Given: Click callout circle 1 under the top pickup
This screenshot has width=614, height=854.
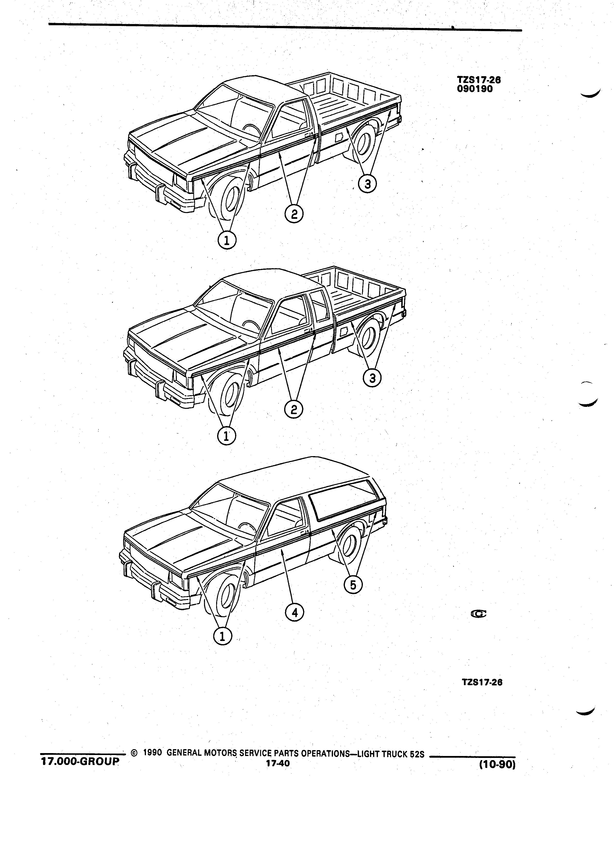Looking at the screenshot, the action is tap(227, 240).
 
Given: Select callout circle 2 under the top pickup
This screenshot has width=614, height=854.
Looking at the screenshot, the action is tap(294, 214).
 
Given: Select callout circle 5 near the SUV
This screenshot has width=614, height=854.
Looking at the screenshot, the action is tap(353, 585).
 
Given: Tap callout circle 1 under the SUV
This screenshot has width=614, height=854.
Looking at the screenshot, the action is tap(222, 636).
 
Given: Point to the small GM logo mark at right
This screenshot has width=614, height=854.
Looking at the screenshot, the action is tap(479, 614).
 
